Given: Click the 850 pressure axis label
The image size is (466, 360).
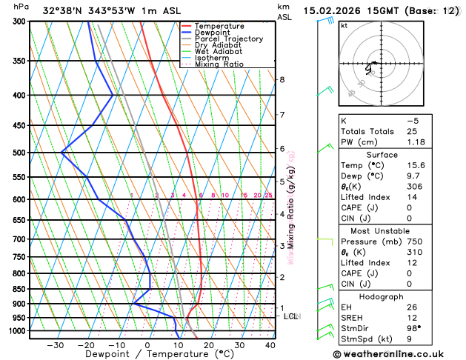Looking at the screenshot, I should tap(17, 289).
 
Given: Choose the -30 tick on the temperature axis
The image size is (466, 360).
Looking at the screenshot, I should tap(56, 345).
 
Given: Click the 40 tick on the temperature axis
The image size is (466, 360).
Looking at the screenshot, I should tap(270, 345).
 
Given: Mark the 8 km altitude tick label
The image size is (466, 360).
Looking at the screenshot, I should tap(282, 79).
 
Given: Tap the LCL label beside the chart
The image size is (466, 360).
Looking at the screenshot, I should tap(291, 316).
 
